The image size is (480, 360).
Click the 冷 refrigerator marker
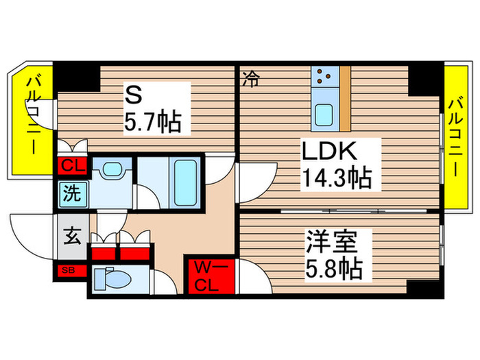(x=251, y=80)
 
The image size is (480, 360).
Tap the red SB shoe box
(x=70, y=269)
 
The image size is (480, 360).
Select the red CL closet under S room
(x=71, y=166)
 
